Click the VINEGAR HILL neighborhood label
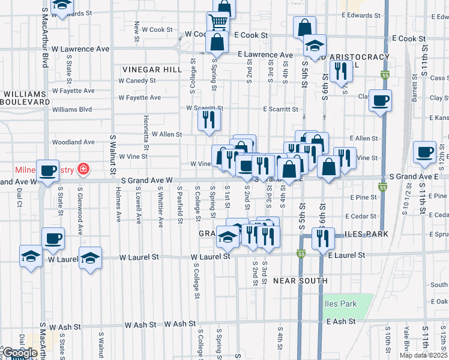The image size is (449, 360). [x=152, y=70]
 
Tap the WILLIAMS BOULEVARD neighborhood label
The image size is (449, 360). [x=25, y=98]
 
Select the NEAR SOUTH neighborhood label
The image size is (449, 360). [x=300, y=281]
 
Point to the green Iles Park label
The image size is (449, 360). [x=340, y=304]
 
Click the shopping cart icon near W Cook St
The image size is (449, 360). [x=217, y=22]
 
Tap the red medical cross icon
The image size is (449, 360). [x=82, y=170]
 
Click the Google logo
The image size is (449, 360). [x=20, y=353]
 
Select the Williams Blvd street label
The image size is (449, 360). [x=72, y=110]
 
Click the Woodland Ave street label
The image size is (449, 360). [x=74, y=142]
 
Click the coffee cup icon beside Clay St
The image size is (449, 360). [x=379, y=100]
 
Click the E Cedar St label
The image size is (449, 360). [x=361, y=216]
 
